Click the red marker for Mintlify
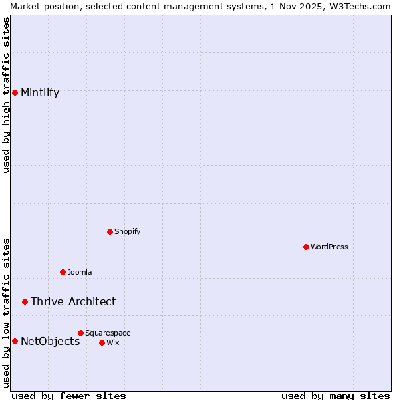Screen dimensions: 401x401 (15, 92)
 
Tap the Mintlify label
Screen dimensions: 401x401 (40, 93)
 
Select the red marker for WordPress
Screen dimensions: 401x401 (306, 247)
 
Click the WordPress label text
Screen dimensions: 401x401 (329, 247)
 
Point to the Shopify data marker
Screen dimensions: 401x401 (110, 231)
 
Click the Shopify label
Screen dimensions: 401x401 (127, 231)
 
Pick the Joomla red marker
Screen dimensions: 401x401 (63, 272)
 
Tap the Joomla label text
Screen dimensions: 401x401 (80, 272)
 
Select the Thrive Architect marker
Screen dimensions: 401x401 (25, 301)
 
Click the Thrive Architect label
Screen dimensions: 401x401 (73, 301)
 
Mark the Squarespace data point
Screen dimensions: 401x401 (80, 333)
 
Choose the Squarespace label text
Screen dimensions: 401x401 (108, 333)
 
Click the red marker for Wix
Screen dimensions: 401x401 (102, 342)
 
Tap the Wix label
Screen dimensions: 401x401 (112, 342)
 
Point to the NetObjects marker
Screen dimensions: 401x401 (15, 341)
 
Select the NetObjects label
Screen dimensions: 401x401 (50, 341)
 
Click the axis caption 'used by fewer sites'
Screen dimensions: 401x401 (69, 396)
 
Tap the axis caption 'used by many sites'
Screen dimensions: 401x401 (336, 396)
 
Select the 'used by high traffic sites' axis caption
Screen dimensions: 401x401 (6, 95)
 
